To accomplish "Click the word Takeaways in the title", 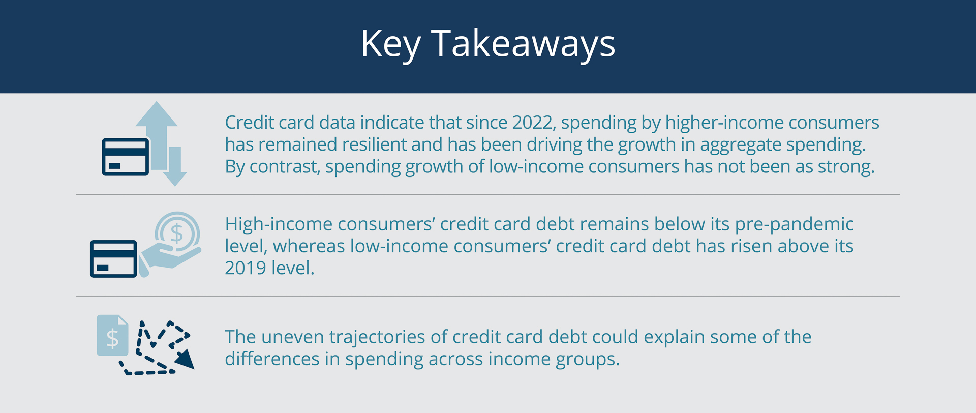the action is (x=523, y=43).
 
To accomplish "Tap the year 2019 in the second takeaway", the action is (x=245, y=268).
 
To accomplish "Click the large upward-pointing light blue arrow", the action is (x=157, y=135).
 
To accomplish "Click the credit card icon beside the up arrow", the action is (x=126, y=157).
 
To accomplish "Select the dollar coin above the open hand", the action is (x=177, y=233).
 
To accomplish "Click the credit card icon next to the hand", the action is (x=113, y=258).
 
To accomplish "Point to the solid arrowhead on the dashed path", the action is (x=185, y=359).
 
